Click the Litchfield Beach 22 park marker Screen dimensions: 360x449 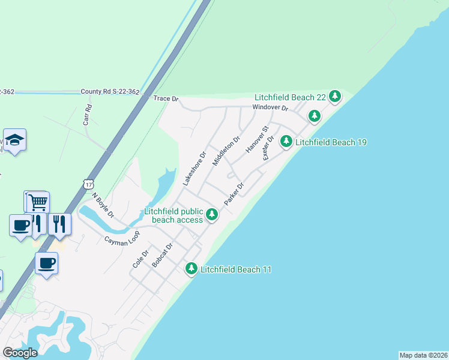pos(335,96)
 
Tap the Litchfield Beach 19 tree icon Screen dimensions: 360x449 pos(287,142)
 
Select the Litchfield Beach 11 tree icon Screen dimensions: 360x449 pos(191,269)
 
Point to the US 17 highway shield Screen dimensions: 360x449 pos(89,183)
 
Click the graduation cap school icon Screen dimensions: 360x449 pos(14,140)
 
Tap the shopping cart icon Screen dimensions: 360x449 pos(38,202)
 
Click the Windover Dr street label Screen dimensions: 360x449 pos(270,109)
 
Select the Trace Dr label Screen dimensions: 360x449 pos(166,98)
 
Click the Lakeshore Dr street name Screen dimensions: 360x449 pos(194,168)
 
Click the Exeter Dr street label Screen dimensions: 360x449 pos(268,148)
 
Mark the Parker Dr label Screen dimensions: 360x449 pos(234,195)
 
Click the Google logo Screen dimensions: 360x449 pos(20,353)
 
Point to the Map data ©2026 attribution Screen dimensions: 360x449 pos(423,355)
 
